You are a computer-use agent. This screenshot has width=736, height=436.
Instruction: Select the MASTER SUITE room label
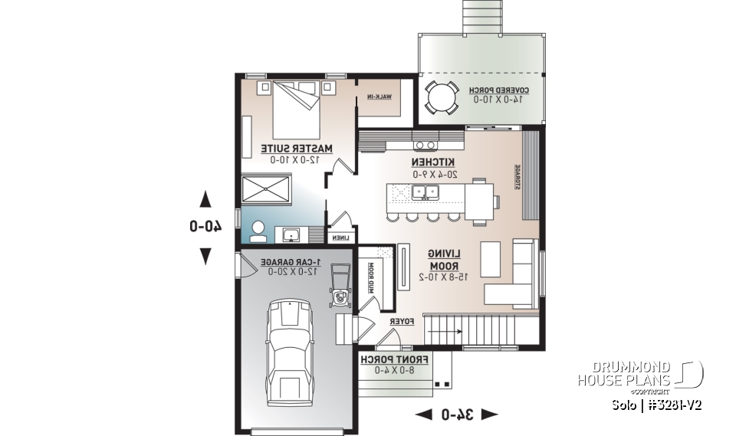pyautogui.click(x=296, y=147)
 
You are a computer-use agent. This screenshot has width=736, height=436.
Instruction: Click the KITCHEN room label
pyautogui.click(x=433, y=162)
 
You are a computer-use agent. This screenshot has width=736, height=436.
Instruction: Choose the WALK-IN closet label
pyautogui.click(x=379, y=97)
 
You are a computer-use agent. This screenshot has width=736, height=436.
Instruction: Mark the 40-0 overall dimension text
pyautogui.click(x=205, y=226)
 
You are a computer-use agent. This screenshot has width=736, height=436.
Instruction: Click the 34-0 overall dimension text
pyautogui.click(x=456, y=415)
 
